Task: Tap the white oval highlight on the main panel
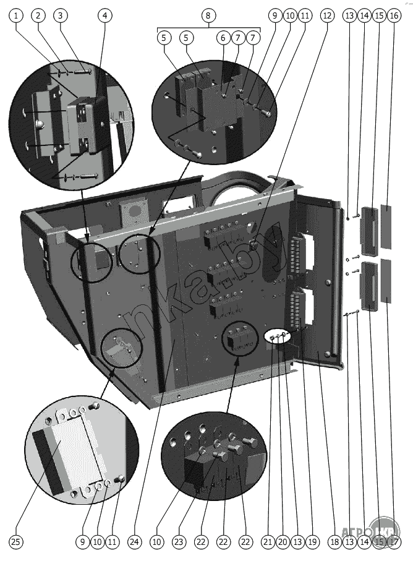(x=278, y=336)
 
